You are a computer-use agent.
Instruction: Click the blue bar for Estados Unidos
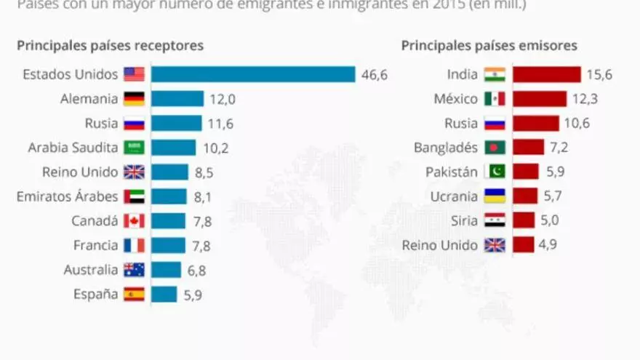tap(253, 74)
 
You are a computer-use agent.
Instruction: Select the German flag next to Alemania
tap(135, 99)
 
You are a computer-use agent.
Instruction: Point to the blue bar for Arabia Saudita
tap(174, 148)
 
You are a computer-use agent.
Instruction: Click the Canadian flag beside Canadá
tap(135, 221)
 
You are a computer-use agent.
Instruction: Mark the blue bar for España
tap(164, 295)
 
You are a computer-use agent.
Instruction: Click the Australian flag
tap(135, 270)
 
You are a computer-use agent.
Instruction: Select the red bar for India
tap(547, 74)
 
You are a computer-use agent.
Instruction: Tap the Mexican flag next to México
tap(495, 99)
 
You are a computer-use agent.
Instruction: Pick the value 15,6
tap(598, 74)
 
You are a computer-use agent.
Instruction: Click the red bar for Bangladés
tap(528, 148)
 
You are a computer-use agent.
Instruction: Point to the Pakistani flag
tap(495, 172)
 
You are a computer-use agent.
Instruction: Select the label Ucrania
tap(454, 196)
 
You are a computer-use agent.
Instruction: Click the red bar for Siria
tap(524, 221)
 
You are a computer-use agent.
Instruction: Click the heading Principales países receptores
tap(110, 46)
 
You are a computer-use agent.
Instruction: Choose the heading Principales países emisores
tap(489, 46)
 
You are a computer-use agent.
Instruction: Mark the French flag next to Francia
tap(135, 245)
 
